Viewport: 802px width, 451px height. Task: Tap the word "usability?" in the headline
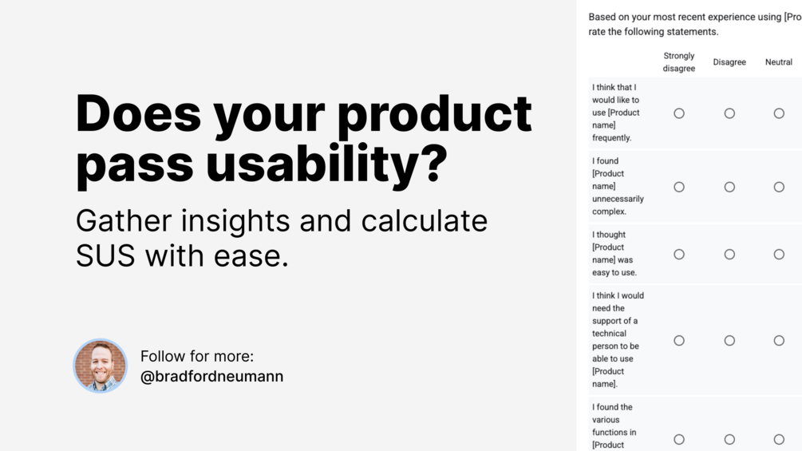[327, 164]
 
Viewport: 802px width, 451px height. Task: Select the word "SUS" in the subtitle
[105, 255]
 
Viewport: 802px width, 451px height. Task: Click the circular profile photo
[101, 366]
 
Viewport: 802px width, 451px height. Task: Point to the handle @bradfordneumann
[211, 376]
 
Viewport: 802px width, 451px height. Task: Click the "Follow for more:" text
[197, 356]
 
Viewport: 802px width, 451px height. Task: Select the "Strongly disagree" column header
[679, 62]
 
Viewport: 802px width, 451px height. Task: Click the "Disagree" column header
[729, 62]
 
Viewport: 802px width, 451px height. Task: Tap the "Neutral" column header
[779, 62]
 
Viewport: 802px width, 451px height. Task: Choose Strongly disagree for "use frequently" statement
[679, 113]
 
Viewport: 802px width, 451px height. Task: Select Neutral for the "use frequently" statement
[779, 113]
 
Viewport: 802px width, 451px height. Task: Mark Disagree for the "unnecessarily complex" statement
[729, 187]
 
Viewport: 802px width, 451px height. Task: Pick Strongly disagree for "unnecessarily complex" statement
[679, 187]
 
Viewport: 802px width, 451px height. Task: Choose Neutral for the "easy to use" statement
[779, 254]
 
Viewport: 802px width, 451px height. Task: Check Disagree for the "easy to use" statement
[729, 254]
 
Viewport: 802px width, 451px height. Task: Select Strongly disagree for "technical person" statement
[679, 341]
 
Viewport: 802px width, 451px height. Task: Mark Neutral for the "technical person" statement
[779, 341]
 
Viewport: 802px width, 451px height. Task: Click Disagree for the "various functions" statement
[729, 439]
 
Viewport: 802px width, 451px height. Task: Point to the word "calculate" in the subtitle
[424, 221]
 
